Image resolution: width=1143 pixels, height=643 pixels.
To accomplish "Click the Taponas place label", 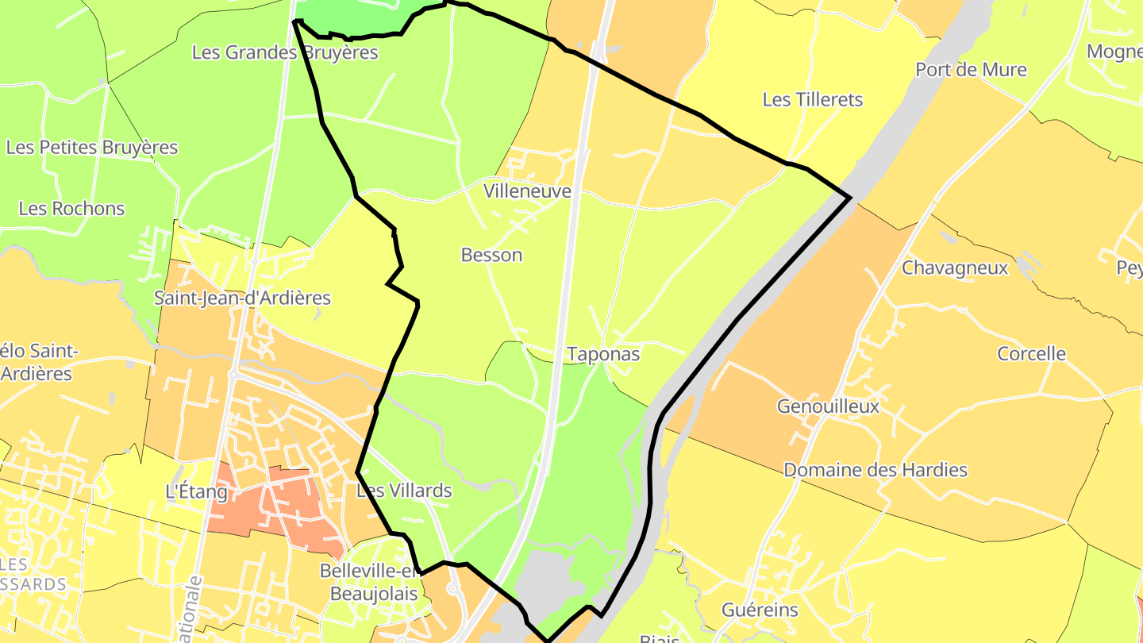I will pyautogui.click(x=603, y=354).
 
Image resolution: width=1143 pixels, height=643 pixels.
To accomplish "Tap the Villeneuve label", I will pyautogui.click(x=527, y=191).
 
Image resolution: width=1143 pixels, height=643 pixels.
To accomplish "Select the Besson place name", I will pyautogui.click(x=491, y=255).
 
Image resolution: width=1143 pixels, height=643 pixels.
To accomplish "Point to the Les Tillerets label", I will pyautogui.click(x=812, y=100).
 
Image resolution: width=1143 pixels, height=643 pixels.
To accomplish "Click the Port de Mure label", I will pyautogui.click(x=971, y=70).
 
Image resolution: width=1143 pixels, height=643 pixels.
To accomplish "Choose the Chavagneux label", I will pyautogui.click(x=954, y=268).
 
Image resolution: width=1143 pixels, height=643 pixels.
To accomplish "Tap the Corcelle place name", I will pyautogui.click(x=1031, y=354).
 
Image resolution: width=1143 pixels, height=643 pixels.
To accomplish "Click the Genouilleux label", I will pyautogui.click(x=828, y=406).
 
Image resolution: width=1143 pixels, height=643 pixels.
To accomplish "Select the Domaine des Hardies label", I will pyautogui.click(x=875, y=470).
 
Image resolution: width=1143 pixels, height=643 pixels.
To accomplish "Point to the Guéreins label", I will pyautogui.click(x=760, y=610).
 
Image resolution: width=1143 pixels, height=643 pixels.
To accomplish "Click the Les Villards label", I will pyautogui.click(x=404, y=491).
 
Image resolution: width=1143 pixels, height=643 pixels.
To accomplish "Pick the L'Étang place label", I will pyautogui.click(x=196, y=492).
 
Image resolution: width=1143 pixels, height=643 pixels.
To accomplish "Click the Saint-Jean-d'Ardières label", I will pyautogui.click(x=242, y=298).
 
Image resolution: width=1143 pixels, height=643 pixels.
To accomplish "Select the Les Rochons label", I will pyautogui.click(x=71, y=209).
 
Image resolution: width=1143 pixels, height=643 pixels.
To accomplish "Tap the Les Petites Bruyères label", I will pyautogui.click(x=92, y=148).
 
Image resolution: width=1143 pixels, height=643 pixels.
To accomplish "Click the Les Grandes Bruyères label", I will pyautogui.click(x=285, y=53).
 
